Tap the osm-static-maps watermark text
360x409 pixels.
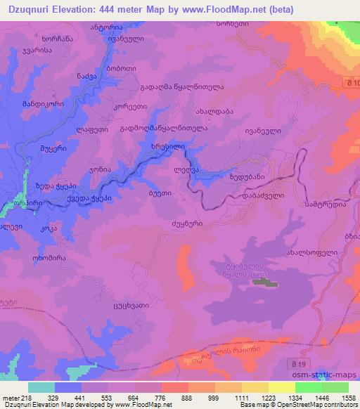tap(331, 377)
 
